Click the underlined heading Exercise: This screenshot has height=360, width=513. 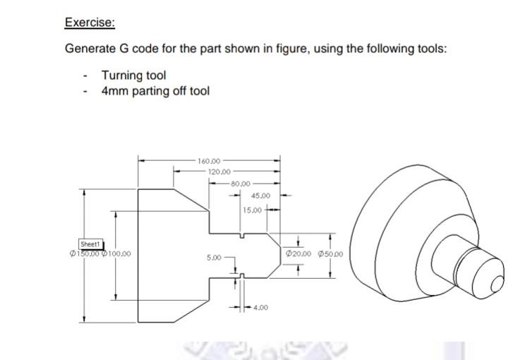coord(90,22)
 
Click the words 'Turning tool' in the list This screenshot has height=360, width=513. coord(134,76)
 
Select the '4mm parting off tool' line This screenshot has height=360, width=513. coord(155,90)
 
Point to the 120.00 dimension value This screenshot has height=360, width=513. coord(219,172)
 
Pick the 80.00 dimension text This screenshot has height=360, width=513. coord(241,184)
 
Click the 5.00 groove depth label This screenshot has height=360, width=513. coord(215,258)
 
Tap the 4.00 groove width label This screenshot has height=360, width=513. coord(260,307)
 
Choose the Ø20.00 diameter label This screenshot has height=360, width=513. coord(298,255)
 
